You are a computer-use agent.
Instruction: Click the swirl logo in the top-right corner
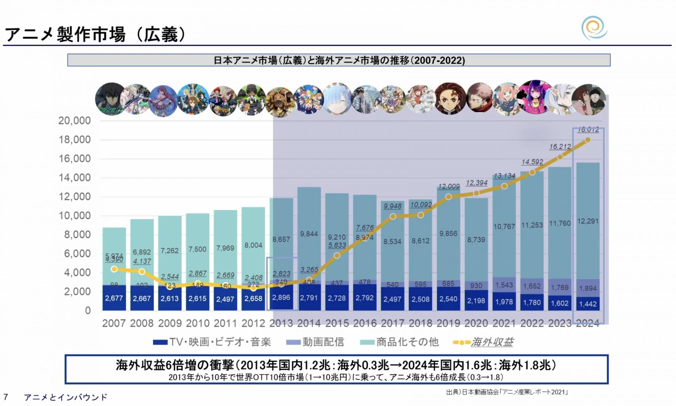tap(594, 28)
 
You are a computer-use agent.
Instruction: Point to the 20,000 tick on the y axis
tap(74, 121)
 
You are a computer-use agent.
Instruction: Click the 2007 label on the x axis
tap(114, 323)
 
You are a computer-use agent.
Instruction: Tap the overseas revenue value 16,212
tap(560, 146)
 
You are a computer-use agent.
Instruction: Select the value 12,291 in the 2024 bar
tap(588, 221)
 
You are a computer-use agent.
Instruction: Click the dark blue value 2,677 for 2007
tap(114, 298)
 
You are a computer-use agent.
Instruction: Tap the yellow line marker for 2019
tap(448, 197)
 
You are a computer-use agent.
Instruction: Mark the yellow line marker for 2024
tap(588, 140)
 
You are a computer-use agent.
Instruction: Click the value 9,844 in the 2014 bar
tap(309, 234)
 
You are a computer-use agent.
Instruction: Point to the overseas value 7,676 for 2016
tap(364, 228)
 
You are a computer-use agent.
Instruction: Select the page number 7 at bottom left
tap(6, 397)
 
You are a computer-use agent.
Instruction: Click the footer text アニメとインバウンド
tap(65, 397)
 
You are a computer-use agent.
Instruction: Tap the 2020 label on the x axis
tap(476, 323)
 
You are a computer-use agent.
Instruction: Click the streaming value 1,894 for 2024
tap(588, 288)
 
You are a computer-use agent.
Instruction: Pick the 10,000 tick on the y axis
tap(74, 216)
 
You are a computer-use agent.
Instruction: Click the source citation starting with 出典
tap(507, 392)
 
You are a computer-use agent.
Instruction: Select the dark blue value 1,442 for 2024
tap(588, 304)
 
